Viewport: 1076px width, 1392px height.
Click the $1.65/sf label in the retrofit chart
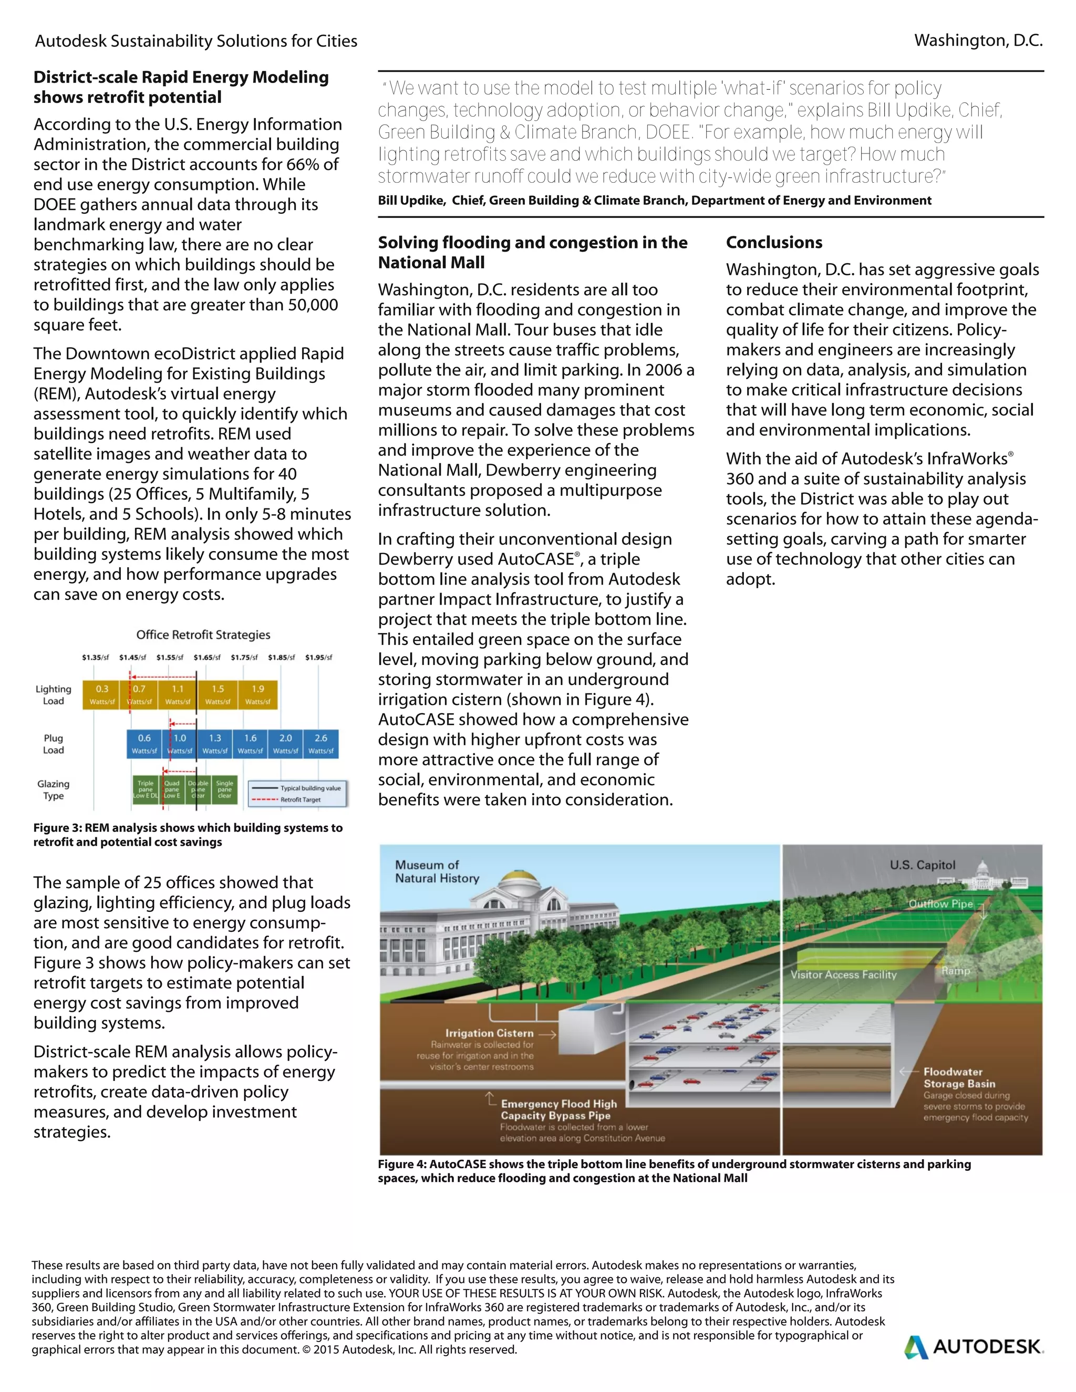(x=207, y=657)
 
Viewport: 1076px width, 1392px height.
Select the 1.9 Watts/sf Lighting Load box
(x=257, y=694)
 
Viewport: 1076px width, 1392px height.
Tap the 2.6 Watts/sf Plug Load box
(x=320, y=743)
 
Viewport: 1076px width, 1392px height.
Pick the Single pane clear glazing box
(x=224, y=789)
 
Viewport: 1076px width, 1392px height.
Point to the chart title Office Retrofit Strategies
(x=203, y=635)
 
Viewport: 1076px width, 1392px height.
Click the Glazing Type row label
(x=54, y=790)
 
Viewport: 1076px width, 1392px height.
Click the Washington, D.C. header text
(x=978, y=41)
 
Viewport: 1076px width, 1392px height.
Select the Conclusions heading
(x=774, y=242)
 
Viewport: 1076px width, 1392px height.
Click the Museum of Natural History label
(x=437, y=871)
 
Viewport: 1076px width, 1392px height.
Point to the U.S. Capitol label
(x=923, y=865)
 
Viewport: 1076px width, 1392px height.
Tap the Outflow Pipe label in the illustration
(x=940, y=904)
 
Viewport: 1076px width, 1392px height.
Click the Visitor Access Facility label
(x=843, y=974)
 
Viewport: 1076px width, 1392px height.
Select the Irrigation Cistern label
(x=490, y=1033)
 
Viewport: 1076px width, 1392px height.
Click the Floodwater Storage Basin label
(x=959, y=1078)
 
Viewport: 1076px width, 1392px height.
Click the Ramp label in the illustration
(x=956, y=971)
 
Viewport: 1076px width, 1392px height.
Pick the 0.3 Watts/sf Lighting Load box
(x=102, y=694)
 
